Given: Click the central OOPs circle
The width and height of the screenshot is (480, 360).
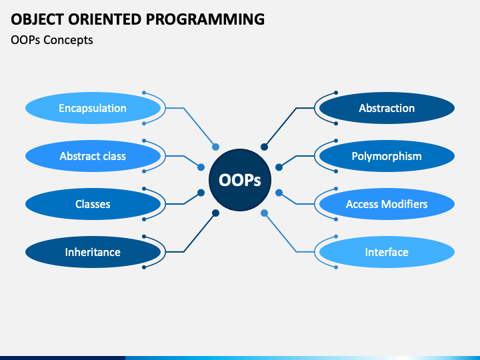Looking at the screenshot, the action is coord(240,180).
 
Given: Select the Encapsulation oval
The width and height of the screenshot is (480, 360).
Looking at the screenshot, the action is coord(93,108).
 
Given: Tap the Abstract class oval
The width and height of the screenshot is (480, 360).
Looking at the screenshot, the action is coord(93,156).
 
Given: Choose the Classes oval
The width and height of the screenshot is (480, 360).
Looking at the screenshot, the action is coord(93,204).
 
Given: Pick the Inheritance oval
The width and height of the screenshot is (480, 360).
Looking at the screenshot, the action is coord(93,252).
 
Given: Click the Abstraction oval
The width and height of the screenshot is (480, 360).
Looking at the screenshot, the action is coord(387,108).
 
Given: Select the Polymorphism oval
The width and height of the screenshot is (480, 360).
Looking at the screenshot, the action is coord(387,156).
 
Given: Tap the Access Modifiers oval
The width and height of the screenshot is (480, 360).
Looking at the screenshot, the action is coord(387,204).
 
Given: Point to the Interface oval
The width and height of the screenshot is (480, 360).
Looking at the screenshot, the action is coord(387,252).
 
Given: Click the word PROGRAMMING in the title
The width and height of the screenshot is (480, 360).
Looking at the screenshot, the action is coord(205,19).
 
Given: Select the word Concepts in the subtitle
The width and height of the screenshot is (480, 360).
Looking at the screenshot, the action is coord(68,40).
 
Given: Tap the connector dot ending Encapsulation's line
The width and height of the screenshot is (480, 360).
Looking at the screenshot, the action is coord(215,147).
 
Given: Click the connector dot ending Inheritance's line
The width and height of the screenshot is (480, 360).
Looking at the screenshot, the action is coord(215,213).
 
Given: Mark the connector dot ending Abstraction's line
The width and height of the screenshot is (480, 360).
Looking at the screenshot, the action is coord(264,147).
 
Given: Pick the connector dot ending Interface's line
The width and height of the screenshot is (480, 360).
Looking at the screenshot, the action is coord(264,213).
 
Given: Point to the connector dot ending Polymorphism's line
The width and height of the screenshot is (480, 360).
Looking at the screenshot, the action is coord(279,167).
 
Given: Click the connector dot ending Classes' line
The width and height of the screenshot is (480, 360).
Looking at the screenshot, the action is coord(201,193).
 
